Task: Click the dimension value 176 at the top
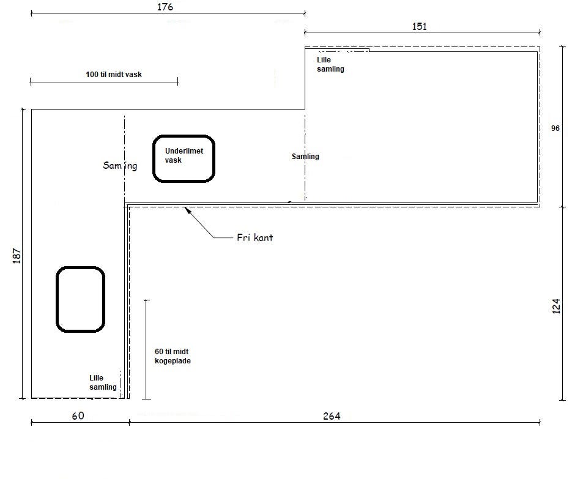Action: tap(165, 7)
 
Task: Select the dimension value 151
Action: tap(419, 26)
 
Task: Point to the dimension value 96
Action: tap(555, 128)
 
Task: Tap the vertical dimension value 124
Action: tap(556, 306)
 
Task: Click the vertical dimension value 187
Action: tap(17, 256)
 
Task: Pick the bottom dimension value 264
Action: tap(331, 416)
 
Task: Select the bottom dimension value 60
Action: tap(78, 416)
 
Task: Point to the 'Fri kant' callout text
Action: tap(254, 237)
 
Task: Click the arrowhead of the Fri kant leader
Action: tap(187, 210)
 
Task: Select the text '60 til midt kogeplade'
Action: tap(173, 356)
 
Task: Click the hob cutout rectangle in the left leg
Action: tap(80, 300)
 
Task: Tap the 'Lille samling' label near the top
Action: tap(330, 64)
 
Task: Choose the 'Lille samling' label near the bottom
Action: tap(103, 382)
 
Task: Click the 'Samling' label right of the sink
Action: tap(305, 157)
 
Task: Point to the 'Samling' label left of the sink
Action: tap(120, 166)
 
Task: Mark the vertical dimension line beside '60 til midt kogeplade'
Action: tap(146, 349)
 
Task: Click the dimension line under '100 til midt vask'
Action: tap(104, 82)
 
